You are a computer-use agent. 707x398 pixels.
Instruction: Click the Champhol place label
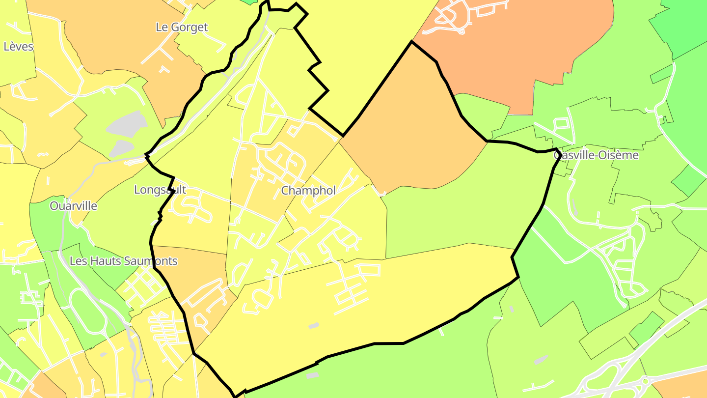(308, 191)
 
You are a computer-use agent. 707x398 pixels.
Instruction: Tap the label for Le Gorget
(182, 28)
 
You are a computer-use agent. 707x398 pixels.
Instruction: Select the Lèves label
(18, 47)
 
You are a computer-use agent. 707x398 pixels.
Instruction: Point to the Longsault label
(160, 190)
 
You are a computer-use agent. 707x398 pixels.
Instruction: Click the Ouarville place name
(73, 206)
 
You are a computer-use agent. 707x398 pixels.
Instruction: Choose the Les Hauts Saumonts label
(123, 261)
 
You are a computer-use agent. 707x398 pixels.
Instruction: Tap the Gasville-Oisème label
(596, 155)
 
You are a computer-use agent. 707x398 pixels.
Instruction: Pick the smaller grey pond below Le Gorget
(121, 148)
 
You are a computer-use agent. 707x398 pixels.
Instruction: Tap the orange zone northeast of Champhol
(412, 128)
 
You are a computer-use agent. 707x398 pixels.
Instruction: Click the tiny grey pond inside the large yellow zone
(313, 325)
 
